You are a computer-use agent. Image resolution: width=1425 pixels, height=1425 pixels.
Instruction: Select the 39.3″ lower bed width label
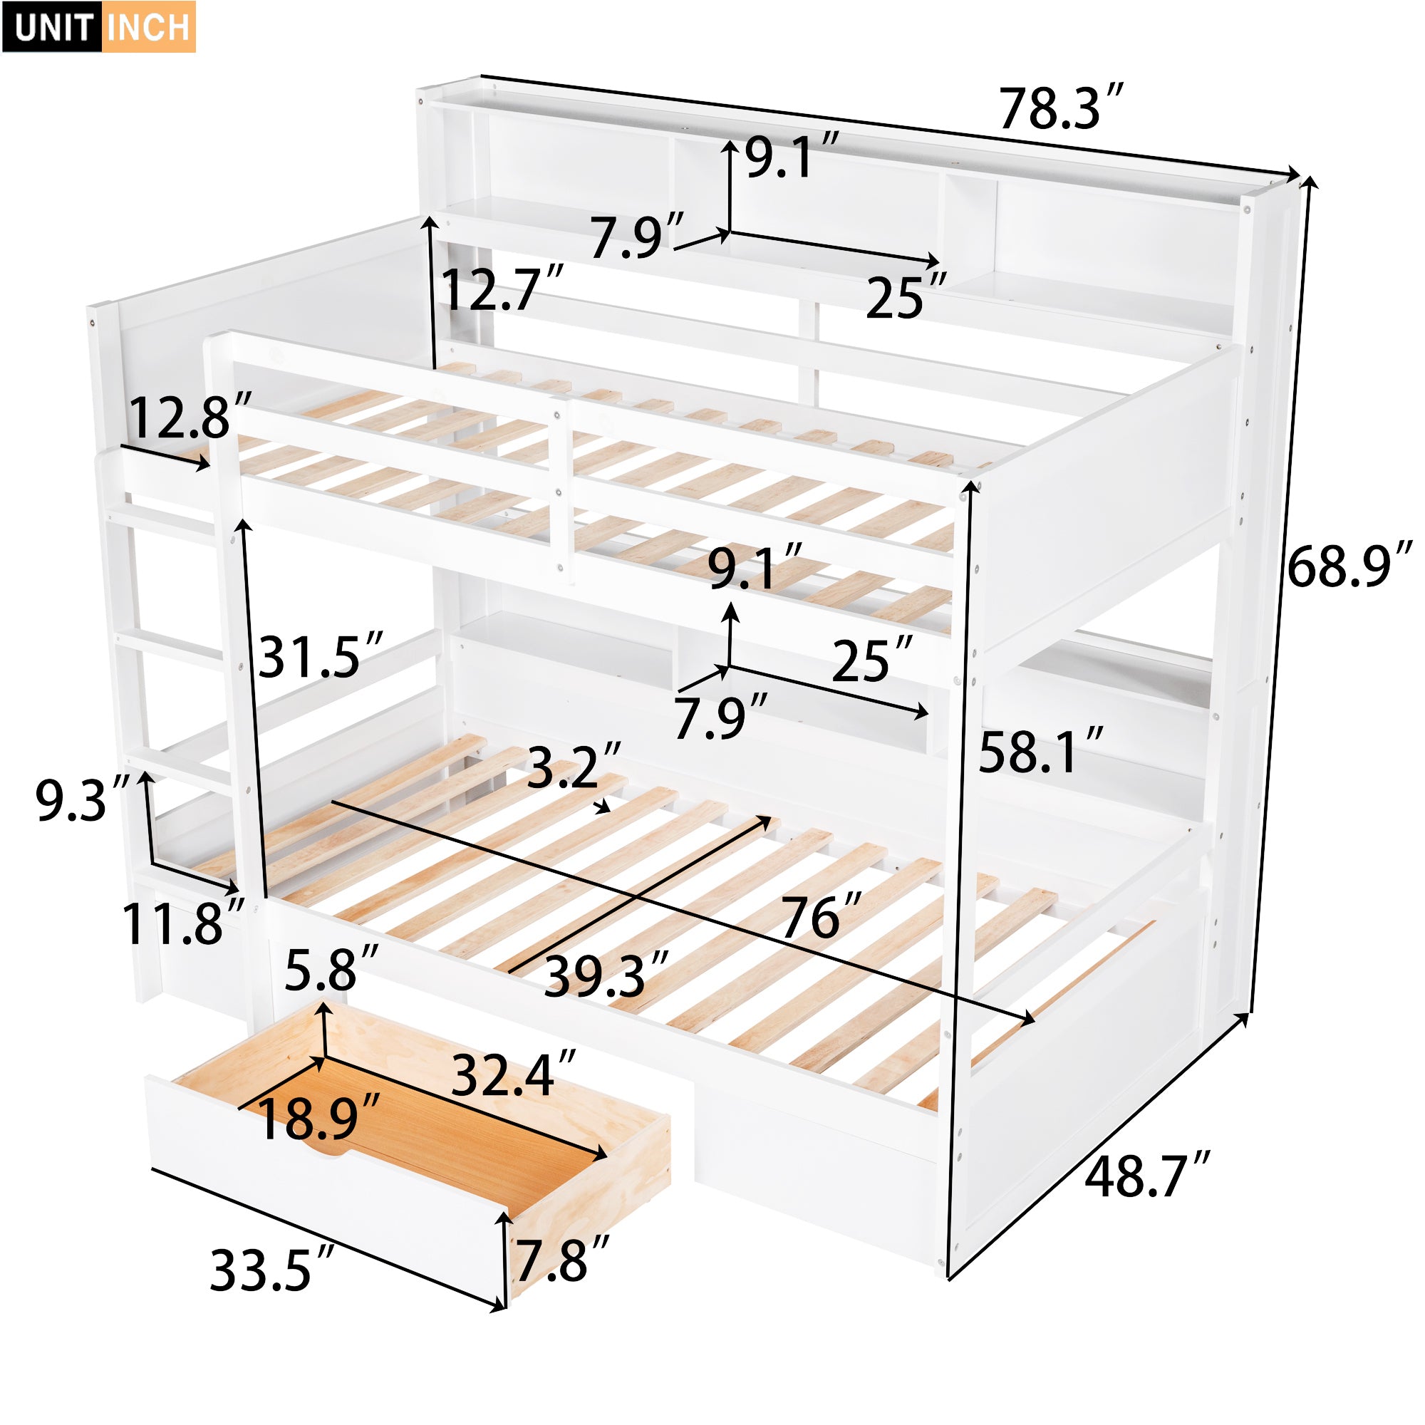click(605, 977)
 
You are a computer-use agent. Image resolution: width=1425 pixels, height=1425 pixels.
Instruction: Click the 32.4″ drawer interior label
click(512, 1075)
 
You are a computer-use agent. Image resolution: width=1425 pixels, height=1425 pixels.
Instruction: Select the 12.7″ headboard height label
click(502, 290)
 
